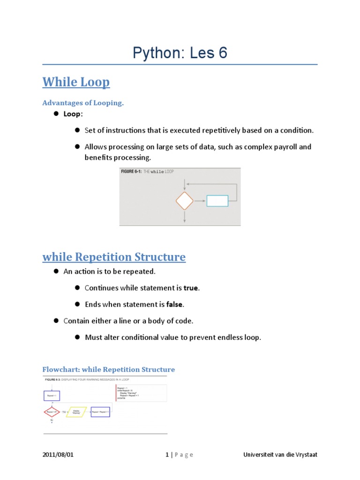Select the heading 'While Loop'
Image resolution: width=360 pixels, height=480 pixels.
coord(76,82)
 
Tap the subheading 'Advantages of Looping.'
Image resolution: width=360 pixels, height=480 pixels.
coord(83,103)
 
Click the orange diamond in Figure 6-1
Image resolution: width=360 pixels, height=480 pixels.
coord(184,201)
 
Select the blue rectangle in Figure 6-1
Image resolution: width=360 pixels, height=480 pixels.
coord(217,201)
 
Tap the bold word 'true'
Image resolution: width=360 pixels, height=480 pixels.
coord(191,288)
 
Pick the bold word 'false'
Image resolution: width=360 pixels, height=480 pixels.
coord(174,305)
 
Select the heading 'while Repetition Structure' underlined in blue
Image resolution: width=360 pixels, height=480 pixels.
coord(114,257)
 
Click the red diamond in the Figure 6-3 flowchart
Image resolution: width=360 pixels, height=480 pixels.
coord(52,412)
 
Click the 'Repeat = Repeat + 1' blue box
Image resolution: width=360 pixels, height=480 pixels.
coord(100,412)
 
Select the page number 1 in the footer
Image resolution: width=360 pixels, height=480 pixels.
coord(167,455)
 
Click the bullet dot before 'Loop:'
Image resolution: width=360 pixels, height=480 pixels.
coord(55,114)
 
